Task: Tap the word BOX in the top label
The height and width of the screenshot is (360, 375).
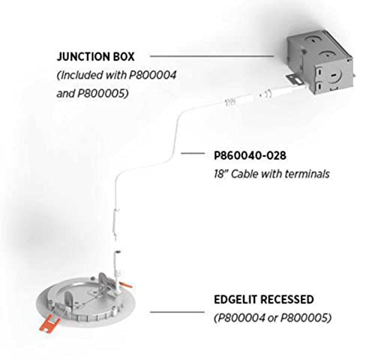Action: [124, 56]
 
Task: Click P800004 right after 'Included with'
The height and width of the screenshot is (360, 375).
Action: [152, 75]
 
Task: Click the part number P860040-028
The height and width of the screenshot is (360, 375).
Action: [250, 155]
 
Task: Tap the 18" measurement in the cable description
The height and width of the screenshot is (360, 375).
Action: [220, 174]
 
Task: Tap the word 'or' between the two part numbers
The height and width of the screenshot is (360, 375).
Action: [272, 319]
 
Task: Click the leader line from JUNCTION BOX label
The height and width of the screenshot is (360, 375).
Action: [212, 56]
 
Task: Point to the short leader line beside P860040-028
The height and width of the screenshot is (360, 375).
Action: [193, 153]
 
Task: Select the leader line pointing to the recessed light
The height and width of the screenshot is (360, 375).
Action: [177, 312]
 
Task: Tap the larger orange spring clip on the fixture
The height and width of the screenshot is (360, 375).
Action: [51, 324]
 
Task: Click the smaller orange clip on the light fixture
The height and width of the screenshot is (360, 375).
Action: [126, 285]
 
